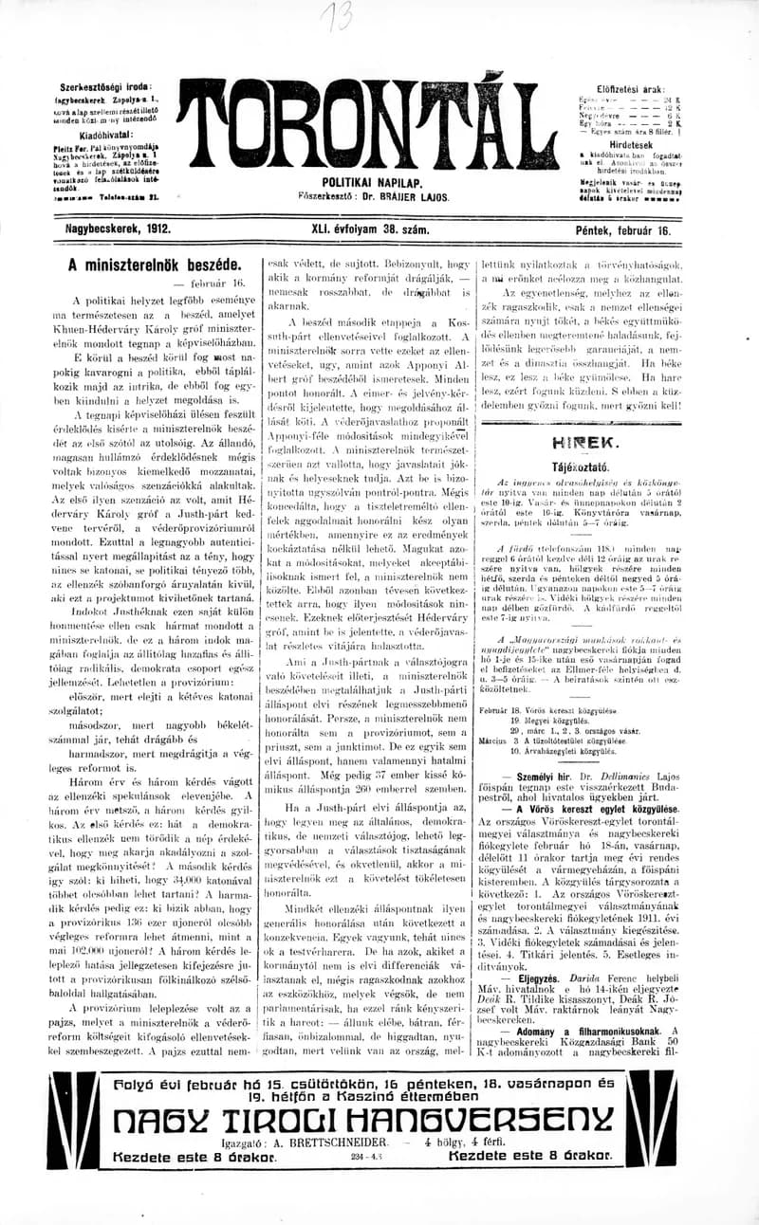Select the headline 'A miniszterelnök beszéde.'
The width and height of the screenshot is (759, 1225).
click(x=155, y=266)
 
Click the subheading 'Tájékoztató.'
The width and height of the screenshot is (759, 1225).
click(x=581, y=467)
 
